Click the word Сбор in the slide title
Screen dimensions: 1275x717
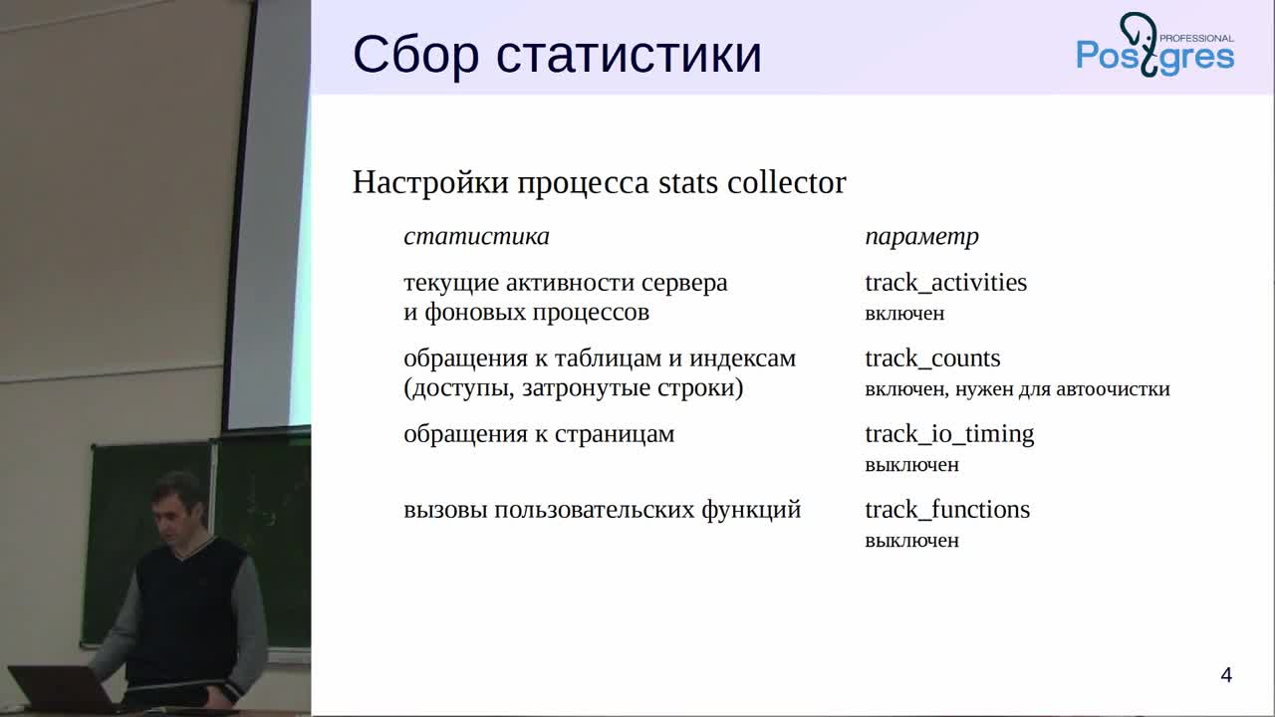coord(416,55)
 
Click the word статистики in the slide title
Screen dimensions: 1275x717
coord(629,56)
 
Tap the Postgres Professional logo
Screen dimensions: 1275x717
coord(1155,45)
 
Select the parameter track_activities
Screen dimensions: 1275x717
coord(946,283)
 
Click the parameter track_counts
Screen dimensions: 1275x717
coord(932,358)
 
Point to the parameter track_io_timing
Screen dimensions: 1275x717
coord(949,435)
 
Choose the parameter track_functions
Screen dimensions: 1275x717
coord(947,510)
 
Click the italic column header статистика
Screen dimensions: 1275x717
coord(476,237)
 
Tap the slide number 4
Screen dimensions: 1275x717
coord(1226,675)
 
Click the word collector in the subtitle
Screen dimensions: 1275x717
coord(787,182)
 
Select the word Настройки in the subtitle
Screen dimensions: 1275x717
coord(430,182)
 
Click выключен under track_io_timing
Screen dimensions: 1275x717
coord(911,465)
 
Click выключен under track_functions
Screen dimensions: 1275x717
coord(911,541)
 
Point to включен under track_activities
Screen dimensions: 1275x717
coord(904,314)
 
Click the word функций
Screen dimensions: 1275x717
coord(751,511)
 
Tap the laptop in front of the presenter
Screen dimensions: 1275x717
coord(60,688)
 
